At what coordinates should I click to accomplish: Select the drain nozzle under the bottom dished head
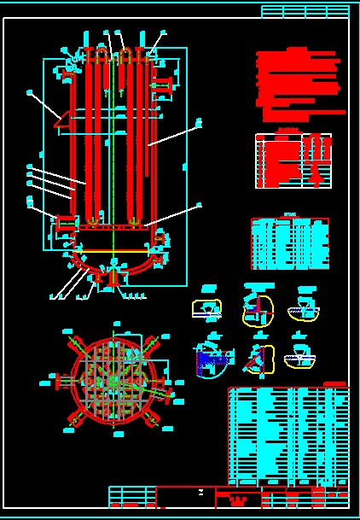(x=111, y=276)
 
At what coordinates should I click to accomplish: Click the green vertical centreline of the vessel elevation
(x=112, y=154)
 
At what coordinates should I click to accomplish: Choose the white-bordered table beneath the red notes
(x=293, y=161)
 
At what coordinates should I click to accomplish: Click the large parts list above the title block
(x=288, y=436)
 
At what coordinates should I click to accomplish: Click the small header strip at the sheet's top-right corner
(x=305, y=11)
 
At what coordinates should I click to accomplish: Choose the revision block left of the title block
(x=132, y=497)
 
